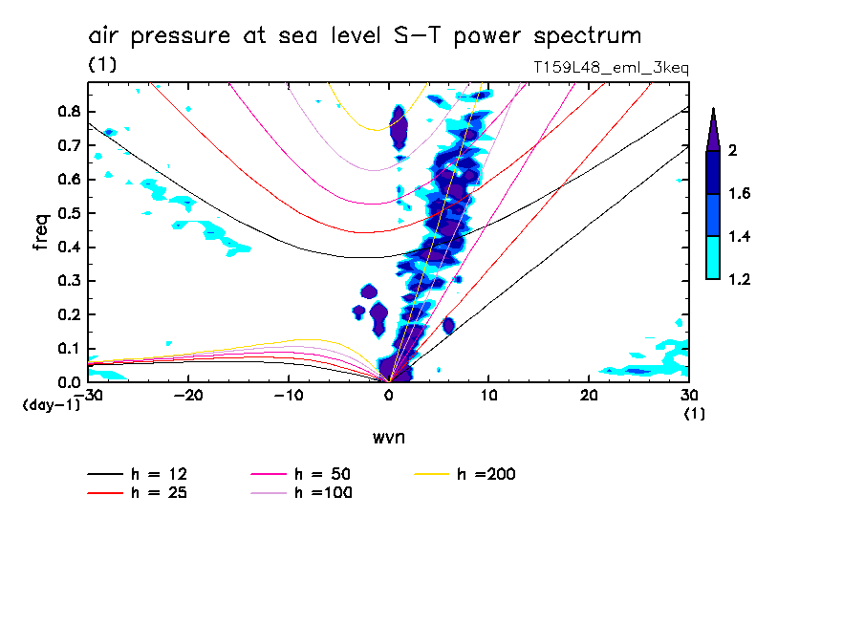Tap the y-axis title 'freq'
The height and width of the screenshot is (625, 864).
(40, 232)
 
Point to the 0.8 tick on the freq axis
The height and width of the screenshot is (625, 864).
(70, 111)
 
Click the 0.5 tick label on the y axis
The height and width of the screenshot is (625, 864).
(70, 213)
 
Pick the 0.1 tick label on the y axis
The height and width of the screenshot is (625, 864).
(70, 349)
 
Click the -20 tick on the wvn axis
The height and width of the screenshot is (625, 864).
(189, 396)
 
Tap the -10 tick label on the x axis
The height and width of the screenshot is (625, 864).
(289, 396)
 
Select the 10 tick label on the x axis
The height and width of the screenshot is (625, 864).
(488, 396)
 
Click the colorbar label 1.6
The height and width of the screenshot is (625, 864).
(740, 194)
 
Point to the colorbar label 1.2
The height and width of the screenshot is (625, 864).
(740, 279)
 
